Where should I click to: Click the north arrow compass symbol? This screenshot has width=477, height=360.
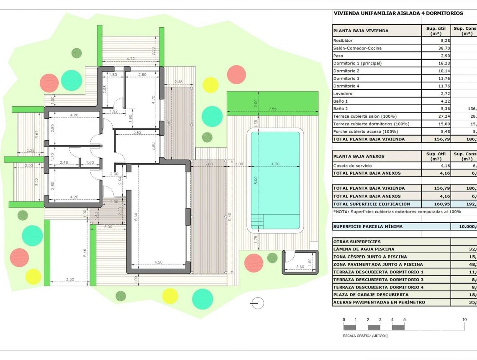[258, 303]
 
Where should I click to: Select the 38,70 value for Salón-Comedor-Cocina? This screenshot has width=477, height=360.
[434, 48]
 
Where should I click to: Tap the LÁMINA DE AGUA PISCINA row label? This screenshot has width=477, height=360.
[358, 249]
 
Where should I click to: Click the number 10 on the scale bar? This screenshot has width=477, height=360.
[464, 320]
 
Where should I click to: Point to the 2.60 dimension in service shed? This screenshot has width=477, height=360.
[300, 267]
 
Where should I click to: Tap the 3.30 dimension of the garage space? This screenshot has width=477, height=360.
[70, 280]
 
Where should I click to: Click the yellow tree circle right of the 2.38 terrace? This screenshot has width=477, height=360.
[210, 85]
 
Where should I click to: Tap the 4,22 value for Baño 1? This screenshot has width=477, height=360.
[434, 101]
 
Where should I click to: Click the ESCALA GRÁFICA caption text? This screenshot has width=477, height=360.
[365, 336]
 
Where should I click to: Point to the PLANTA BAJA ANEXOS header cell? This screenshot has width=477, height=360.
[359, 156]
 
